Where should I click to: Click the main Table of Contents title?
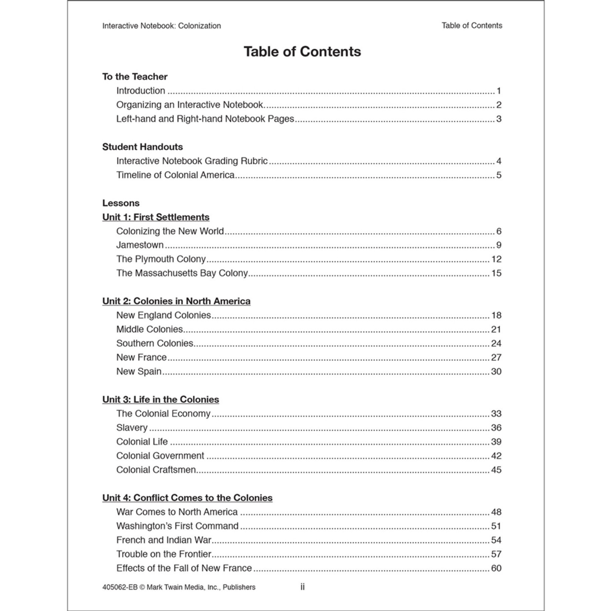pyautogui.click(x=302, y=52)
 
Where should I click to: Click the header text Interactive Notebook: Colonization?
pyautogui.click(x=161, y=26)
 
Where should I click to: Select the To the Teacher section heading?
pyautogui.click(x=135, y=77)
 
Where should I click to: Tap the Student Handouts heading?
pyautogui.click(x=142, y=147)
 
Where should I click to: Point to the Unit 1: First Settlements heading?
pyautogui.click(x=156, y=217)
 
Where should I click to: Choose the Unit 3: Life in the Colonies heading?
pyautogui.click(x=161, y=399)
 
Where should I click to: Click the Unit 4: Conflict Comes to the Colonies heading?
pyautogui.click(x=187, y=498)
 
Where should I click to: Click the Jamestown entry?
pyautogui.click(x=140, y=245)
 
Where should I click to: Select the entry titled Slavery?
pyautogui.click(x=132, y=428)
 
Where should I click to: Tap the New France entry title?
pyautogui.click(x=141, y=357)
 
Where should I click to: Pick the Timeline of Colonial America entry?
pyautogui.click(x=175, y=175)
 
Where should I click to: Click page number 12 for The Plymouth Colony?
pyautogui.click(x=496, y=259)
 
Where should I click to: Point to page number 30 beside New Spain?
pyautogui.click(x=496, y=371)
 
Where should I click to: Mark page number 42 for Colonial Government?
pyautogui.click(x=496, y=456)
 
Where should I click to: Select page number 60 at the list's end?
pyautogui.click(x=496, y=568)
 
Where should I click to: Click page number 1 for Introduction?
pyautogui.click(x=499, y=91)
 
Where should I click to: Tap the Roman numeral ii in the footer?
pyautogui.click(x=303, y=587)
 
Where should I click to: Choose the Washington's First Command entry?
pyautogui.click(x=177, y=526)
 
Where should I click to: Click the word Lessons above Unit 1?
pyautogui.click(x=121, y=203)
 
